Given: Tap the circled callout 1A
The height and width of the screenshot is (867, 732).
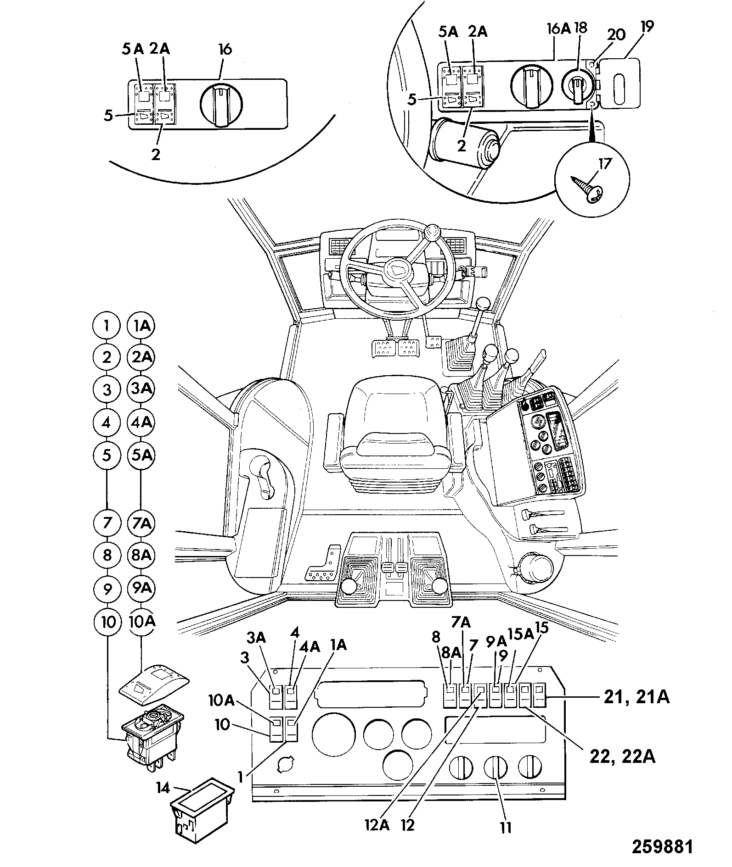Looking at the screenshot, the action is coord(141,326).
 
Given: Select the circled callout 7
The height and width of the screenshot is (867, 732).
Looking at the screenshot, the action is coord(107,523).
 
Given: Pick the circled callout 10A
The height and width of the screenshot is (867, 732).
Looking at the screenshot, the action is coord(141,622).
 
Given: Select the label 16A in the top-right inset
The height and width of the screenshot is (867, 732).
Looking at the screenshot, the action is coord(559,29).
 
